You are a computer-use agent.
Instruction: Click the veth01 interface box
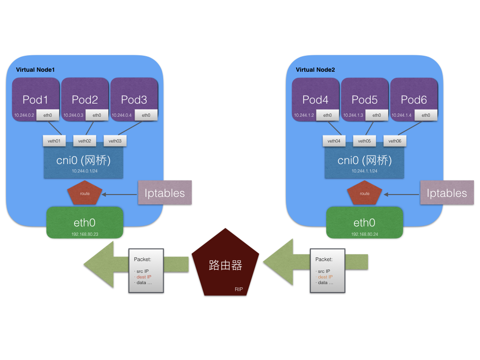pos(54,141)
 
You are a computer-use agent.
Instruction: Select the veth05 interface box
pos(364,141)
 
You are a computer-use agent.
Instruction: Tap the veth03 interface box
pos(115,141)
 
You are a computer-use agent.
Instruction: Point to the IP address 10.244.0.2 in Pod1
pos(24,115)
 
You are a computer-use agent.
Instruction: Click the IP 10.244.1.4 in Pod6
pos(401,115)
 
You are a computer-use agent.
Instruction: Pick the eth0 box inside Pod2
pos(97,115)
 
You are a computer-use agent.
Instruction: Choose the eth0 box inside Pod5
pos(376,115)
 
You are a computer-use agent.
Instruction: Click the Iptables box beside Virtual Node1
pos(165,193)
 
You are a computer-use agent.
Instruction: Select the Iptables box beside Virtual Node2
pos(447,193)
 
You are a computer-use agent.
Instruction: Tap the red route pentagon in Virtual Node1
pos(85,193)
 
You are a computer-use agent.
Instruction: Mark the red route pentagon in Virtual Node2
pos(365,193)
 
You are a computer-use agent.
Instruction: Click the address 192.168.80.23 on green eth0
pos(85,234)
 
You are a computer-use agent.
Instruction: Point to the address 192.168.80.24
pos(365,234)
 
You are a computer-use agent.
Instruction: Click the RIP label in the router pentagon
pos(239,289)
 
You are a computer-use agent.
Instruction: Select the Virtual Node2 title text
pos(315,70)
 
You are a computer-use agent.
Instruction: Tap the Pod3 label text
pos(134,100)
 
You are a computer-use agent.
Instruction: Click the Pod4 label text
pos(315,100)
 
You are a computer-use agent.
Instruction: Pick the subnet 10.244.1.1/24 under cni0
pos(364,171)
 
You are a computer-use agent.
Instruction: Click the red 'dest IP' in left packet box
pos(144,277)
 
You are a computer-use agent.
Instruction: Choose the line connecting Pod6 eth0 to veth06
pos(410,128)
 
